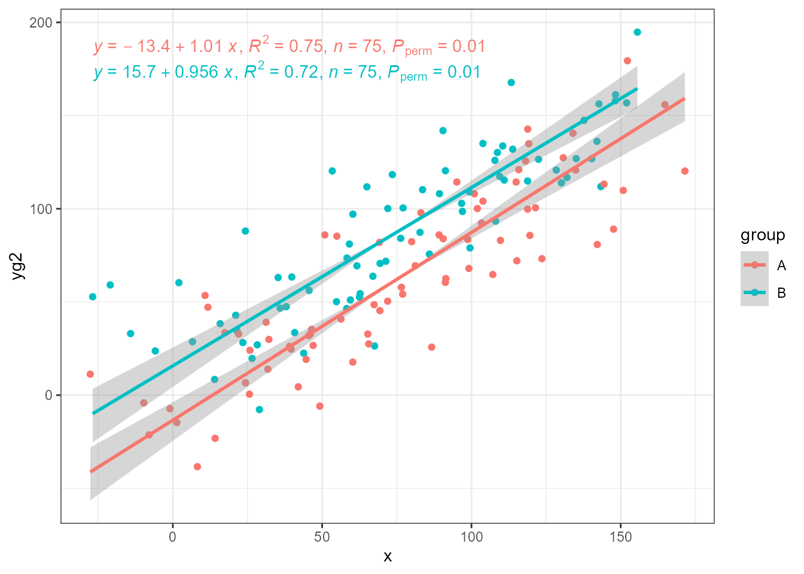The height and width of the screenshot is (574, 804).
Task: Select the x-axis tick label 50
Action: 322,537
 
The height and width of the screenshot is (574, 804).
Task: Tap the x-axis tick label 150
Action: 620,537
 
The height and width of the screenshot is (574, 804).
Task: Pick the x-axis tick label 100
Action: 471,537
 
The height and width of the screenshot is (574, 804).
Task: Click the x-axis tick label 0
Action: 173,537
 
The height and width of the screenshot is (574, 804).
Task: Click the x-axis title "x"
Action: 388,557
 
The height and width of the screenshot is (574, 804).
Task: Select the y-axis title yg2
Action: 19,266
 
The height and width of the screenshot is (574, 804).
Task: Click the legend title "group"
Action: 763,236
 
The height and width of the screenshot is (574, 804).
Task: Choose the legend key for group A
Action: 754,265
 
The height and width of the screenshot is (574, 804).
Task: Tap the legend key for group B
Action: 754,293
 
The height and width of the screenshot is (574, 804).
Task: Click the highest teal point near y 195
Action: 637,32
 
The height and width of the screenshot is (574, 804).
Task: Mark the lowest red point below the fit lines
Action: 197,466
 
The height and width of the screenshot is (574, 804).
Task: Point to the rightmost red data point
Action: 685,171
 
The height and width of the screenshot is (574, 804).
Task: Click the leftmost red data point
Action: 90,374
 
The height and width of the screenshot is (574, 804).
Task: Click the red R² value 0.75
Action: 306,47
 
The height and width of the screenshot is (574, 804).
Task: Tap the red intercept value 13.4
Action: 154,47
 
